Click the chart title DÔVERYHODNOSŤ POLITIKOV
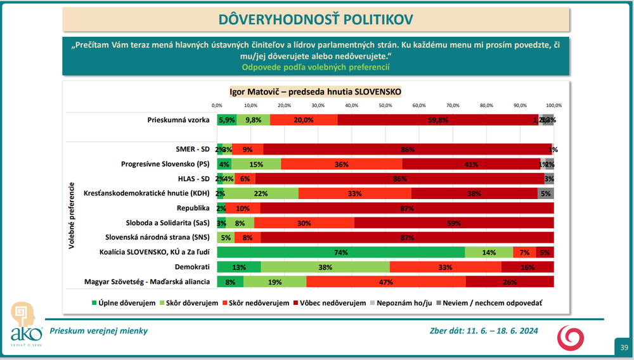(316, 19)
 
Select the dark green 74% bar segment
(341, 252)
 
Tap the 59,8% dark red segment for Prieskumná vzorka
(437, 119)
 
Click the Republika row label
(193, 208)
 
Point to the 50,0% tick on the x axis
(385, 105)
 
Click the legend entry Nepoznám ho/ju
(403, 303)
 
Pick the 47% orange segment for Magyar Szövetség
(385, 281)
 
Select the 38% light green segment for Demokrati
(324, 267)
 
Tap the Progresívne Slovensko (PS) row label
(165, 164)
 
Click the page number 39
(624, 347)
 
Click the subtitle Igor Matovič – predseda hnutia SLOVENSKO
(315, 91)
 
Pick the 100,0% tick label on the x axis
(553, 105)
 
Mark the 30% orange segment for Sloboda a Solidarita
(304, 222)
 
